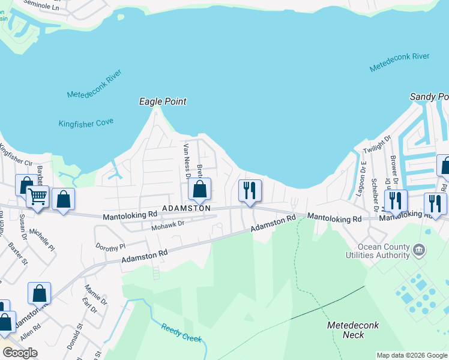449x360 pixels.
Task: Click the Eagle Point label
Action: click(x=163, y=102)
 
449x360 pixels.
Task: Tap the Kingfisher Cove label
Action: click(x=86, y=124)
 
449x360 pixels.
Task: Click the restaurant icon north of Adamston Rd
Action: click(x=250, y=190)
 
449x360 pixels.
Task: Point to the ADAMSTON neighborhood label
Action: click(x=185, y=208)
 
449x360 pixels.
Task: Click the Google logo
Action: click(x=20, y=353)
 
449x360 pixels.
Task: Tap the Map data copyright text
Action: click(x=412, y=355)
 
